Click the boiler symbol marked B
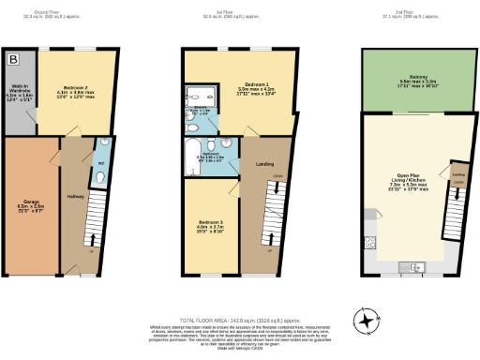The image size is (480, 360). [13, 59]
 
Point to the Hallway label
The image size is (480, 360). [75, 196]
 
